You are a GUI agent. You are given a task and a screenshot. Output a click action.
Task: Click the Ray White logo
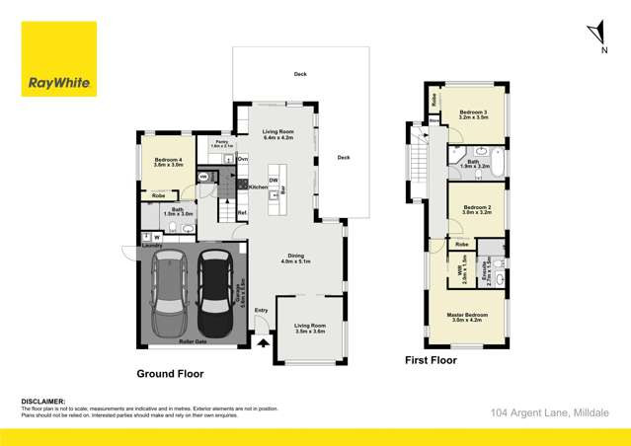pos(58,59)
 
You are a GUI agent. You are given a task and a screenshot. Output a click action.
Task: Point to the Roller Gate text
pos(193,341)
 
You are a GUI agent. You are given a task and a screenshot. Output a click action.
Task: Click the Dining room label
pos(295,258)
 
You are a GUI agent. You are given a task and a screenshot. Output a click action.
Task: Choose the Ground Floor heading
pos(170,374)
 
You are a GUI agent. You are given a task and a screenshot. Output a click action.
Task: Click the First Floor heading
pos(432,361)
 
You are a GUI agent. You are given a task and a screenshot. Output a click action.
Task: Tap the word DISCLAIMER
pos(42,402)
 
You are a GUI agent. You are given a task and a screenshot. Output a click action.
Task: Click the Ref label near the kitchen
pos(241,213)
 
